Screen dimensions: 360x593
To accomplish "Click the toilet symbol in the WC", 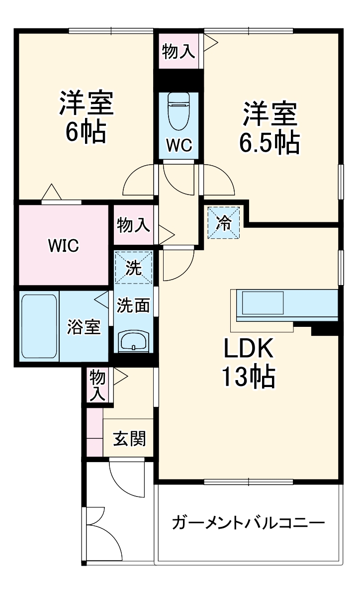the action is coord(178,111).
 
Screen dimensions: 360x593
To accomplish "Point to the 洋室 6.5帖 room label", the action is coord(269,127).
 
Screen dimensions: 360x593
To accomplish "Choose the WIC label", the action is coord(64,245).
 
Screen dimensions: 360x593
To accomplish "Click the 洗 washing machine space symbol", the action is coord(133,267).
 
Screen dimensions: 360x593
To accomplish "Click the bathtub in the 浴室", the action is coord(39,326).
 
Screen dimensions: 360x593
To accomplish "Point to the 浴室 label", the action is coord(84,327).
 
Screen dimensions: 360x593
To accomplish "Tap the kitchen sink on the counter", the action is coord(263,303).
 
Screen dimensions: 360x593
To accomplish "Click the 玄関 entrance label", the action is coord(129,439).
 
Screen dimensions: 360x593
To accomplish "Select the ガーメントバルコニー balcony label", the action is coord(249,523).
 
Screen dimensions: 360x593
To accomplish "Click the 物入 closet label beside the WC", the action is coord(179,51).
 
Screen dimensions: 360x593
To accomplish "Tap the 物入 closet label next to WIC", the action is coord(133,225).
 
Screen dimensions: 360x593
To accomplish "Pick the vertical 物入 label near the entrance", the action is coord(97,386).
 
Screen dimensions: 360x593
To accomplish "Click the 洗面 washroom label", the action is coord(133,305).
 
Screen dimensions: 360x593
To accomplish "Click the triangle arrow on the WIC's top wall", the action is coord(51,192).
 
